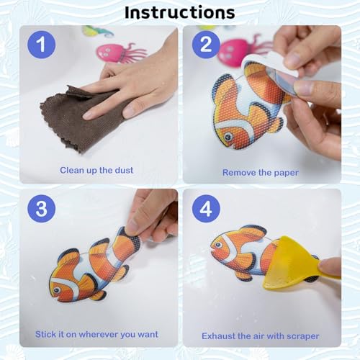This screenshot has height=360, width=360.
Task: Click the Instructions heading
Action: [x=179, y=12]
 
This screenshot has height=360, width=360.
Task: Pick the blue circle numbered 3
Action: [x=42, y=209]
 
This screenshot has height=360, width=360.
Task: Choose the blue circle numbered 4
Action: [x=204, y=209]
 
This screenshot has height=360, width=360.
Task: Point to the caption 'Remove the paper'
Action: [x=260, y=172]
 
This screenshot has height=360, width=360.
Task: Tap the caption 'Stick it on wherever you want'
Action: [x=98, y=334]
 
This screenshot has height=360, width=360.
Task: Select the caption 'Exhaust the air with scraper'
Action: [x=260, y=335]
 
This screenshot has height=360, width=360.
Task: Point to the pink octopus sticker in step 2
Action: [x=234, y=50]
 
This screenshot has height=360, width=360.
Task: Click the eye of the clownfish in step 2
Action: [x=228, y=135]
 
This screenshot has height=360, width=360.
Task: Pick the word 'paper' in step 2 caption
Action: [x=284, y=172]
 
